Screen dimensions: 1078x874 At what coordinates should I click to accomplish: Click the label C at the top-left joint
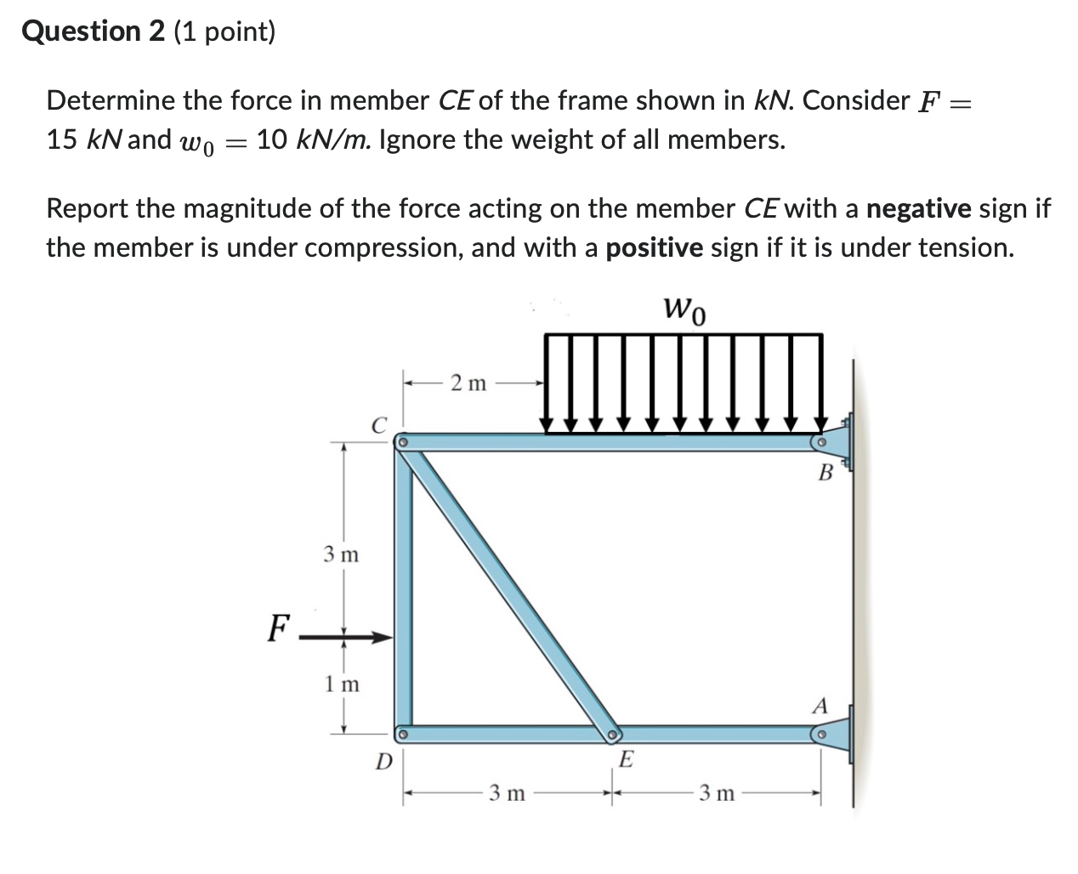click(379, 423)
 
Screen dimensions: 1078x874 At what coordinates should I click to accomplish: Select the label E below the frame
click(625, 759)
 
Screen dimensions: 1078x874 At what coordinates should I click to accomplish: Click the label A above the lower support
click(820, 706)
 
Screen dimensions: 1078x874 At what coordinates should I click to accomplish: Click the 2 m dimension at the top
click(468, 383)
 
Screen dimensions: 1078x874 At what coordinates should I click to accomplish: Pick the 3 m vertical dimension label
click(341, 555)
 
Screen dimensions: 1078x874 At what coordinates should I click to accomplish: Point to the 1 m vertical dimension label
click(342, 684)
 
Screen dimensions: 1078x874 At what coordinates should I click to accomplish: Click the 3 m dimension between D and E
click(508, 794)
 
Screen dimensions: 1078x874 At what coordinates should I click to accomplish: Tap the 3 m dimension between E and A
click(717, 794)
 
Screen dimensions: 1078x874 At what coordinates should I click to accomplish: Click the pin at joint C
click(404, 442)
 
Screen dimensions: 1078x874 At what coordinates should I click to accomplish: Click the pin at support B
click(820, 442)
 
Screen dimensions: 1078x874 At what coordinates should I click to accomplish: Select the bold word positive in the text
click(654, 247)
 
